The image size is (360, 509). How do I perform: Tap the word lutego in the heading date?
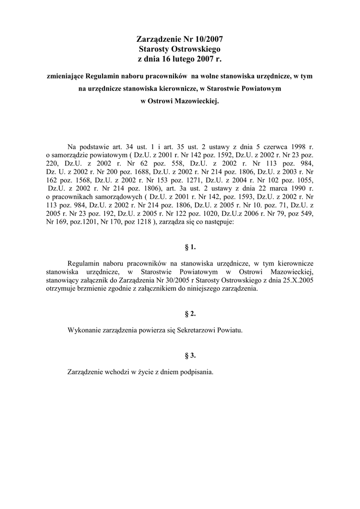[182, 59]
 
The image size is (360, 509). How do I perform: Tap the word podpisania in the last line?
[197, 372]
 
